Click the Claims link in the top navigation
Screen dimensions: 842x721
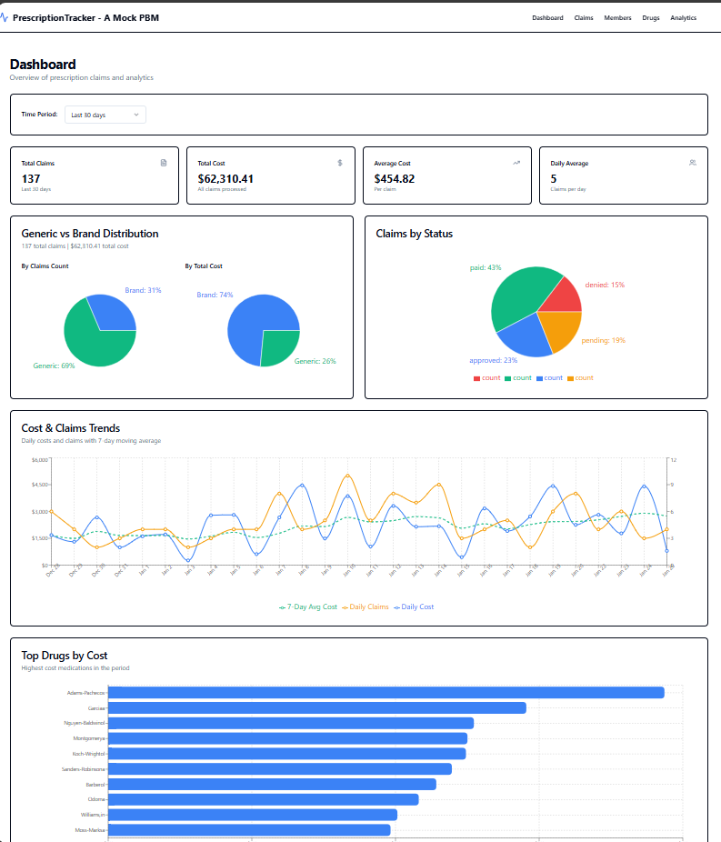point(583,18)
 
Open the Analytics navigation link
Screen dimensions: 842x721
point(683,18)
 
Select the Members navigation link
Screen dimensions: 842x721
point(617,18)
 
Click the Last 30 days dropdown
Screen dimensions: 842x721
point(105,115)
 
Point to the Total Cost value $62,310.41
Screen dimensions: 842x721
point(225,179)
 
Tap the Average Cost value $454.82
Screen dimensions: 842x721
point(395,179)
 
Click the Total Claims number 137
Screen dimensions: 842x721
point(31,179)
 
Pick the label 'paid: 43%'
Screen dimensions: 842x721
point(485,268)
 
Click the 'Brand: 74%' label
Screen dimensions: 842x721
point(215,295)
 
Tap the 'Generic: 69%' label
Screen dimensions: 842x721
point(54,366)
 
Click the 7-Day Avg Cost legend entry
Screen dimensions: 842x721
point(308,606)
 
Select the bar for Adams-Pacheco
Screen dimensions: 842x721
point(386,693)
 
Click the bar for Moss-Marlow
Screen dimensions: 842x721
point(249,830)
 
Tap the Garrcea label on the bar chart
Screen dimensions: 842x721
point(96,707)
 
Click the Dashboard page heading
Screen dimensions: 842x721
point(43,65)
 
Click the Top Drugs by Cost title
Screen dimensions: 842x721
point(65,655)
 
